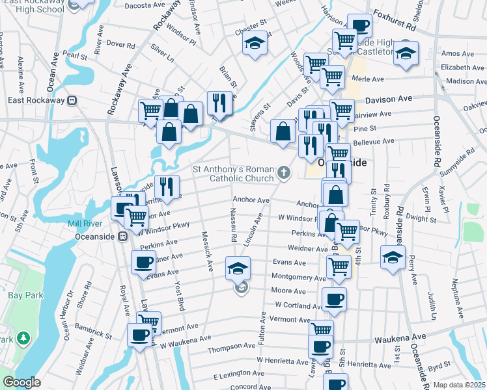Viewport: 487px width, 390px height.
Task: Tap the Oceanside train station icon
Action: click(x=122, y=237)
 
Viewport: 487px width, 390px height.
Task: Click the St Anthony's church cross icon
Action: click(x=283, y=172)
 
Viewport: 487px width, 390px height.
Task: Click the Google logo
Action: click(x=21, y=382)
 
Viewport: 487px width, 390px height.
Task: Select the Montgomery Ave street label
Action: click(x=294, y=277)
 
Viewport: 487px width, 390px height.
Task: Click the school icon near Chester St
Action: click(x=255, y=44)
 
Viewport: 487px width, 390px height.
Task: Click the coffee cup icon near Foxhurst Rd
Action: click(x=359, y=26)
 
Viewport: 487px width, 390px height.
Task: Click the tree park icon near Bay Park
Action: click(x=23, y=338)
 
